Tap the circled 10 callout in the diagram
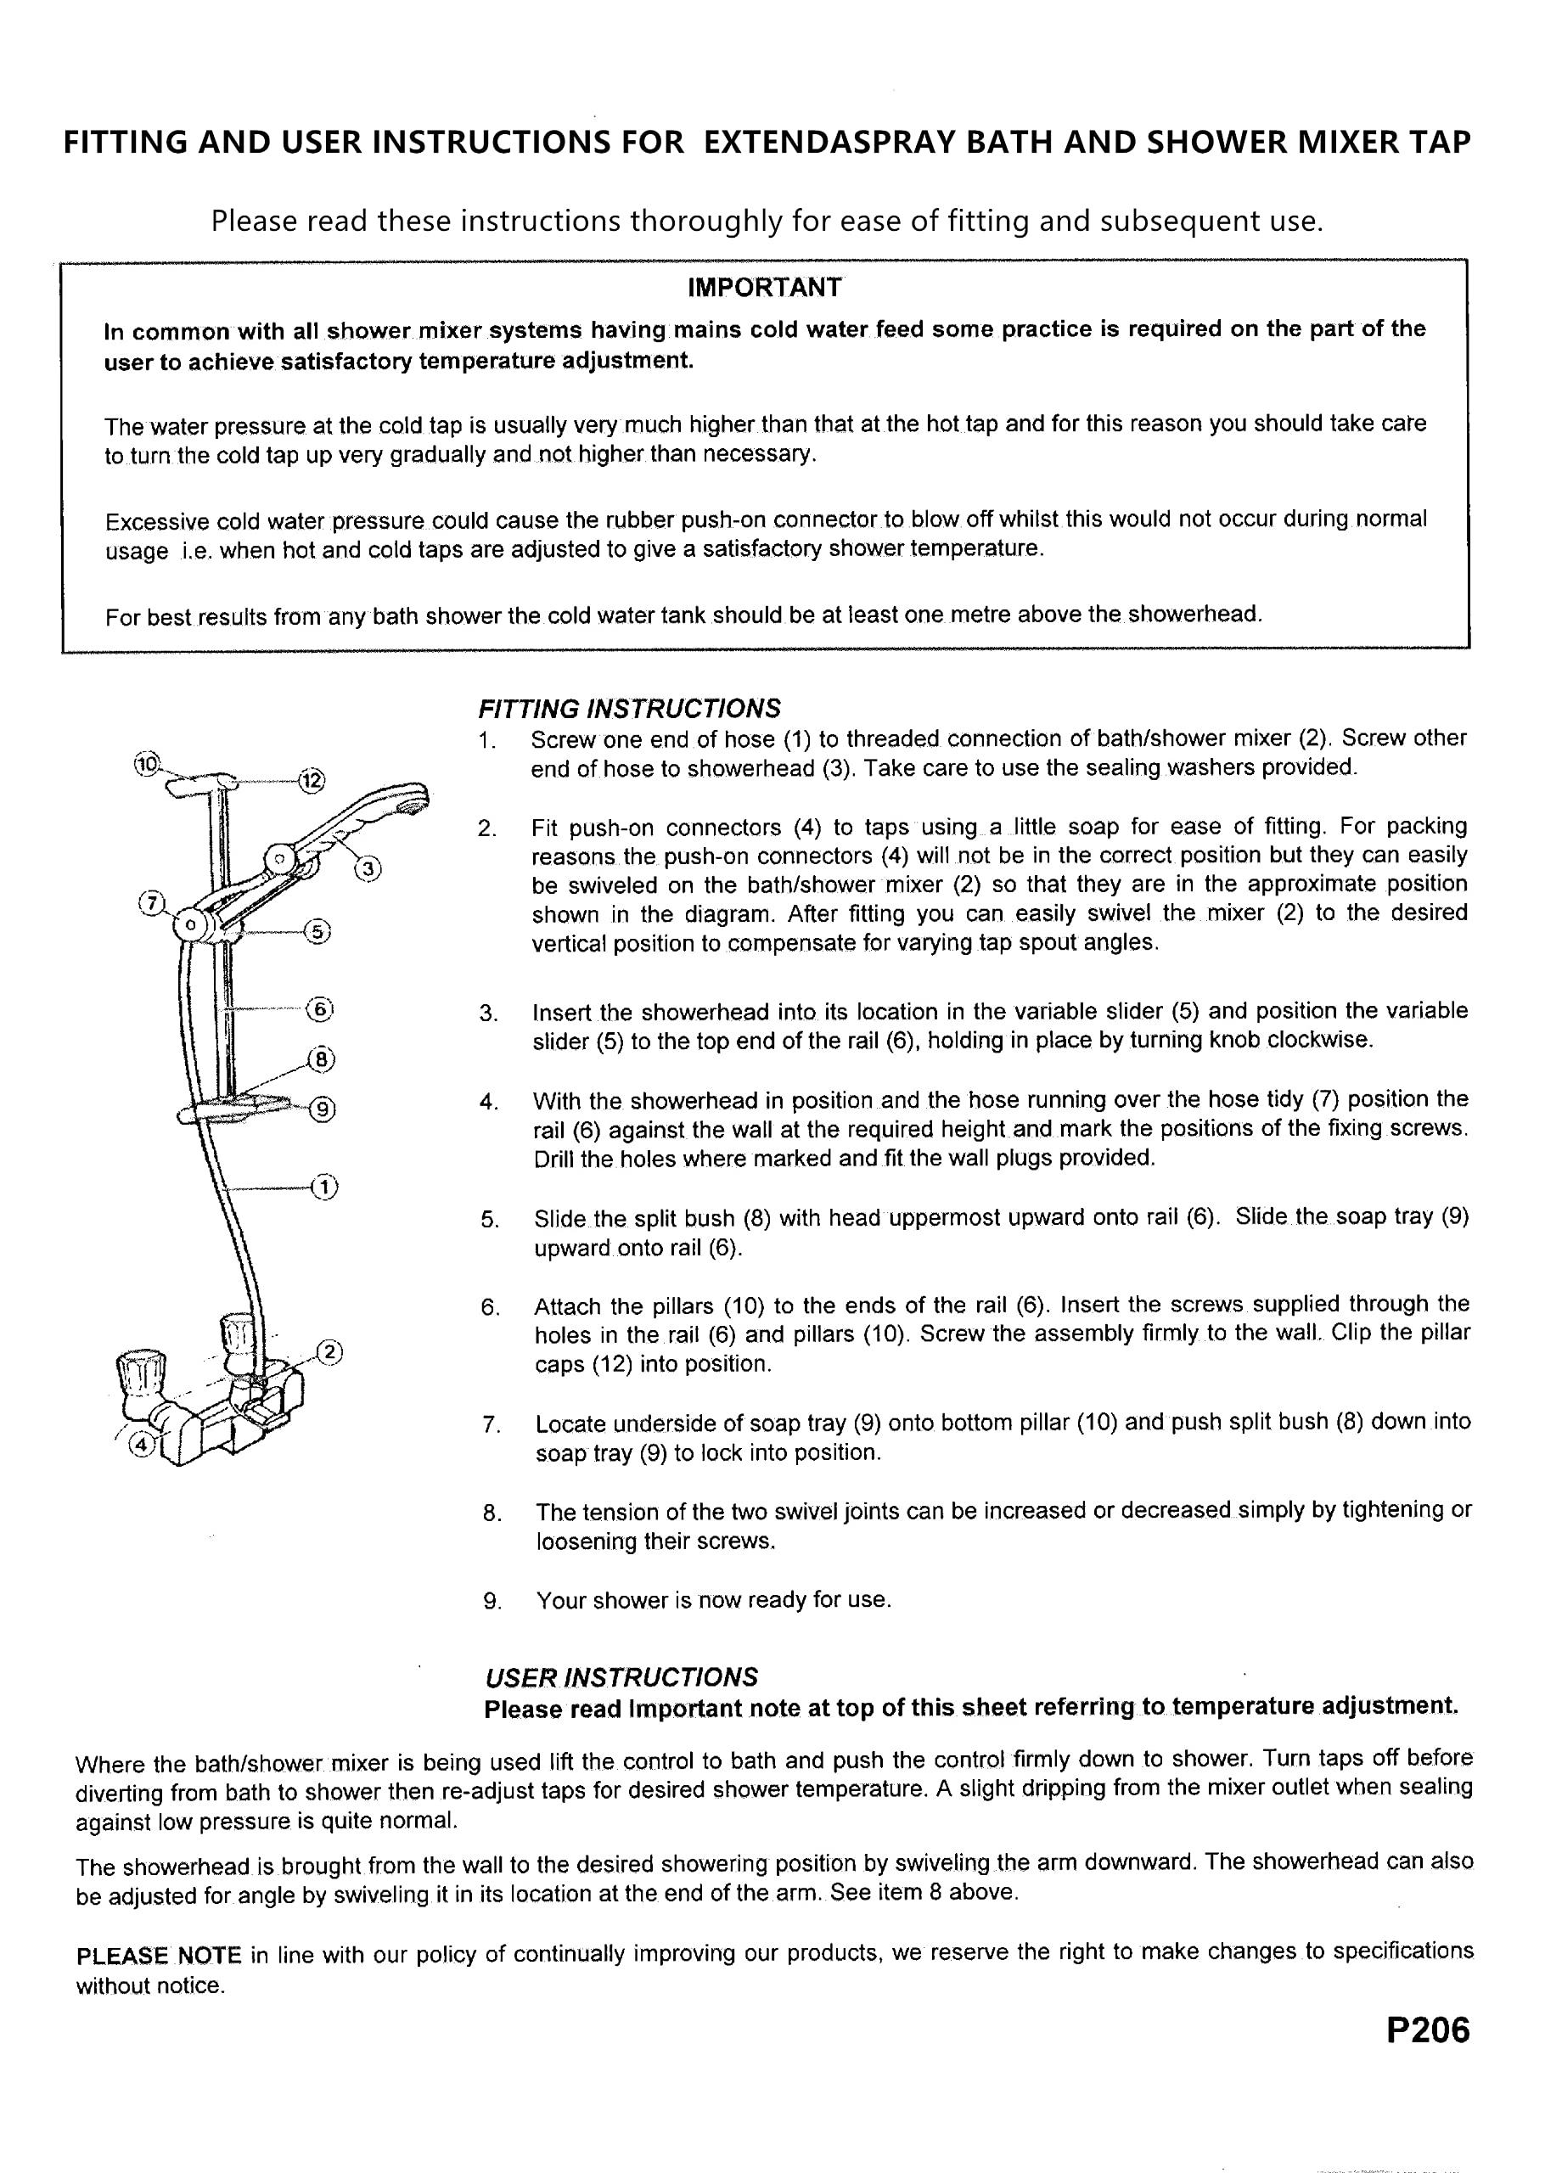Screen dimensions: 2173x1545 pyautogui.click(x=148, y=763)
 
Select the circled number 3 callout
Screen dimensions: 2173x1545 pyautogui.click(x=368, y=868)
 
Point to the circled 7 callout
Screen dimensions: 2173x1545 pyautogui.click(x=152, y=902)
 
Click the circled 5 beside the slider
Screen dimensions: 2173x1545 pyautogui.click(x=317, y=931)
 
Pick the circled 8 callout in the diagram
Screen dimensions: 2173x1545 pyautogui.click(x=322, y=1058)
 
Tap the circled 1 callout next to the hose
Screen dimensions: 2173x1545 pyautogui.click(x=325, y=1187)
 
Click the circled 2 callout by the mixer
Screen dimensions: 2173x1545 pyautogui.click(x=329, y=1351)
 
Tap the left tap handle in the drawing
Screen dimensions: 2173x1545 pyautogui.click(x=140, y=1373)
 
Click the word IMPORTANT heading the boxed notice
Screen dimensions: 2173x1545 pyautogui.click(x=764, y=287)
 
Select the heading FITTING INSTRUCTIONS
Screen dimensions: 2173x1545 pyautogui.click(x=629, y=709)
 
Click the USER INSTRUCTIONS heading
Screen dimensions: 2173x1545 pyautogui.click(x=621, y=1676)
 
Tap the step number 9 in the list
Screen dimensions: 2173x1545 pyautogui.click(x=492, y=1602)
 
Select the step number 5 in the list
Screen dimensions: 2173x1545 pyautogui.click(x=490, y=1220)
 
